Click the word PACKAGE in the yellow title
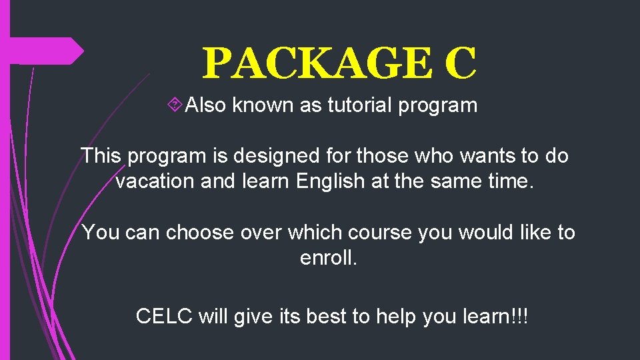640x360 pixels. (317, 64)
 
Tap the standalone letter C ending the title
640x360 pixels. (460, 64)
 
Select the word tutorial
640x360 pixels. (359, 105)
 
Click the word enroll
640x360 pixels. (329, 258)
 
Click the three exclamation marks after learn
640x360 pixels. (519, 315)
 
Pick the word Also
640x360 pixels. (206, 105)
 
